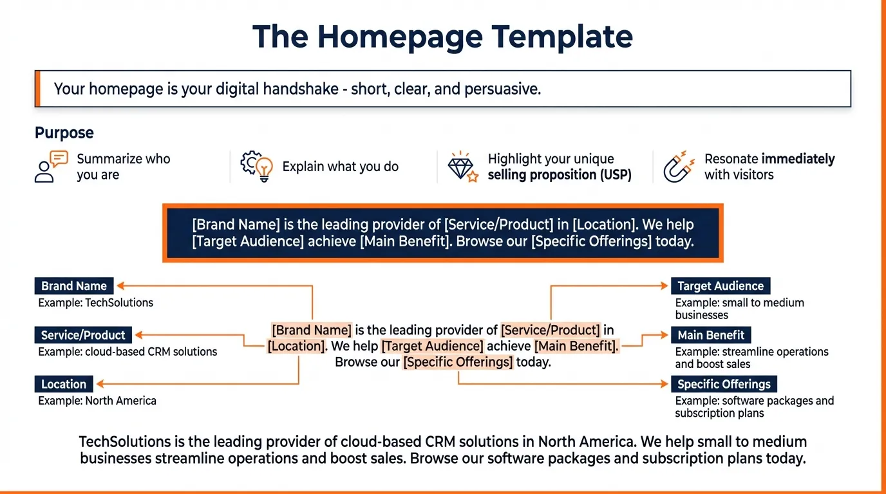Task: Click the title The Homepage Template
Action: point(442,37)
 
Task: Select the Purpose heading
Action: point(64,133)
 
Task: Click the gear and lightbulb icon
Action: point(256,167)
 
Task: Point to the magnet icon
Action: point(679,167)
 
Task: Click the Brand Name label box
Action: point(74,286)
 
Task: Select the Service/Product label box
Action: point(83,335)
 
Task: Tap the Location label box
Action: point(64,384)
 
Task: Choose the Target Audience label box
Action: point(720,286)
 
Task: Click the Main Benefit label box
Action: point(710,335)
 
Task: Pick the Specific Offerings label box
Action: point(724,384)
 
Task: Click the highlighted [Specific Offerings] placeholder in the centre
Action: point(458,361)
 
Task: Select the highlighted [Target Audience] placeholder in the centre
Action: point(432,346)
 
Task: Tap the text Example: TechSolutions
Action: point(96,302)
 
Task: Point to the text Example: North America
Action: point(97,401)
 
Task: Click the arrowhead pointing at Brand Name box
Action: point(120,286)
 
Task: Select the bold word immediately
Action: point(798,159)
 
